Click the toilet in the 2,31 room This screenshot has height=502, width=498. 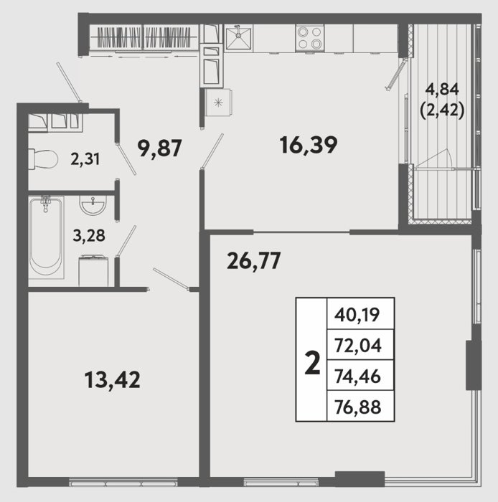point(43,159)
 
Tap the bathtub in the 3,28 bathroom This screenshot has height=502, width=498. point(46,237)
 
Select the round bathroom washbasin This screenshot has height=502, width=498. point(93,206)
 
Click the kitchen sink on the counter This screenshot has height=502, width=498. point(238,38)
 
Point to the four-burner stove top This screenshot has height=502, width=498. point(309,38)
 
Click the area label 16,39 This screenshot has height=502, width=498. point(309,145)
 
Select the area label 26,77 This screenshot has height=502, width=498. point(253,260)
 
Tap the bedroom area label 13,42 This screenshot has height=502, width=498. point(113,379)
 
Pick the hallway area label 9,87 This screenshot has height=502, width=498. point(159,148)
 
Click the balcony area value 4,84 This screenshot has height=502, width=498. point(442,90)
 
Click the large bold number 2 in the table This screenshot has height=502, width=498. point(312,362)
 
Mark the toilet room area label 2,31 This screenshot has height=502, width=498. point(85,158)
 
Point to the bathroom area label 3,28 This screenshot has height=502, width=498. point(89,236)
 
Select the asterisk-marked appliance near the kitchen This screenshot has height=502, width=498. point(218,103)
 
